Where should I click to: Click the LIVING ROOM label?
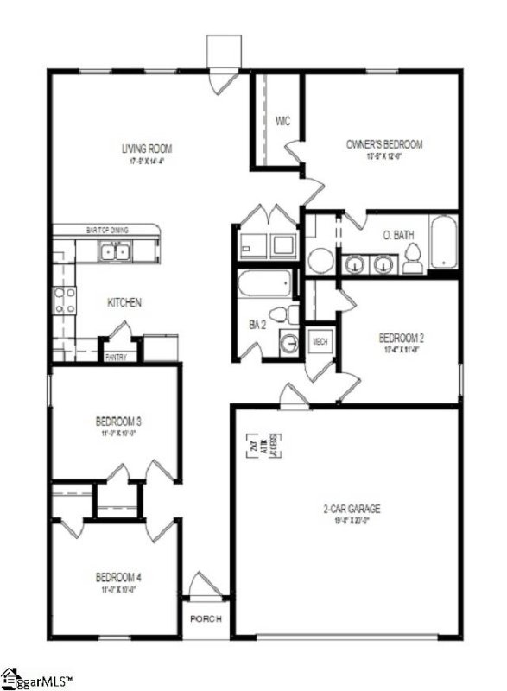[147, 148]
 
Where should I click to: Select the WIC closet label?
[282, 120]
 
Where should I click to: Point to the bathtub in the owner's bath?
[442, 243]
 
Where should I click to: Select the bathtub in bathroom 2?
[267, 283]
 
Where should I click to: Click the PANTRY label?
[115, 356]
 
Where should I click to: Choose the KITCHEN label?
[124, 303]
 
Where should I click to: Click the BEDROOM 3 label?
[118, 422]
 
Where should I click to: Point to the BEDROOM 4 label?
[118, 577]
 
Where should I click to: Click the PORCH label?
[206, 618]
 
